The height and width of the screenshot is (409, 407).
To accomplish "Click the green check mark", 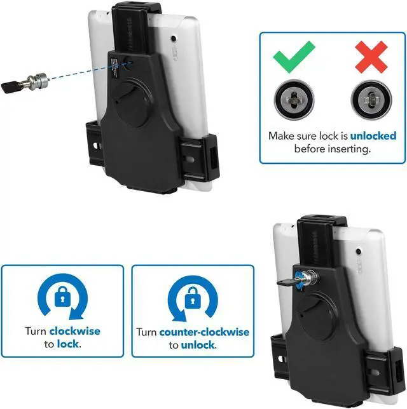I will (x=294, y=57).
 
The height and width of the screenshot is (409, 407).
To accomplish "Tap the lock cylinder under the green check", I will (x=294, y=100).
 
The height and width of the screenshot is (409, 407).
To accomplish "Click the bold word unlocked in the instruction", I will (x=373, y=136).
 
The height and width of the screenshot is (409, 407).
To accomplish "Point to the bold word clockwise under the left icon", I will (x=74, y=332).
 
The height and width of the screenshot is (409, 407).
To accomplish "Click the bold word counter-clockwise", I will (x=204, y=332).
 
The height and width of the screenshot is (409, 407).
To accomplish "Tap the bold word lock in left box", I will (x=68, y=344).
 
